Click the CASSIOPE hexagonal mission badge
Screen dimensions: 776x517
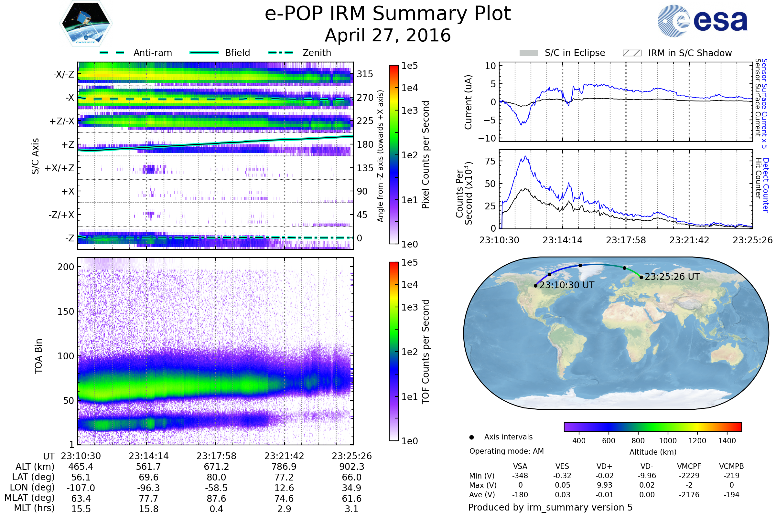(x=86, y=23)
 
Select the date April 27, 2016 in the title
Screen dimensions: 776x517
(x=388, y=35)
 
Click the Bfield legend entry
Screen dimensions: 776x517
(x=220, y=53)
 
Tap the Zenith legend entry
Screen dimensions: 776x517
(x=300, y=53)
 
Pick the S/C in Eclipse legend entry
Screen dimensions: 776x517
(x=562, y=53)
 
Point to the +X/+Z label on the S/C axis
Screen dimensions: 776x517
(x=59, y=168)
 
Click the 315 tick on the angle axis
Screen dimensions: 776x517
(x=365, y=74)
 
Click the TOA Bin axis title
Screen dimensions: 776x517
(x=38, y=356)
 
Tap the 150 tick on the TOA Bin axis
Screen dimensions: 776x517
(x=66, y=311)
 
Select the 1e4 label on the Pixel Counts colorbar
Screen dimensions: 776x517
(x=410, y=88)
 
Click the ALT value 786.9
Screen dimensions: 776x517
(x=284, y=467)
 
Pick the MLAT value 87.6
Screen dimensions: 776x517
(x=216, y=499)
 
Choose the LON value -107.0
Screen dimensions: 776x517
(x=81, y=488)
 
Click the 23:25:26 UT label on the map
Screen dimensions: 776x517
(x=672, y=277)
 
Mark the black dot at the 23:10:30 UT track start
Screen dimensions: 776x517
(x=535, y=286)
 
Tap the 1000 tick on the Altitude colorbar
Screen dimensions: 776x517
(x=668, y=441)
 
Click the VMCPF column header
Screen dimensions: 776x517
(x=689, y=466)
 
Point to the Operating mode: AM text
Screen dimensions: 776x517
(x=506, y=451)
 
